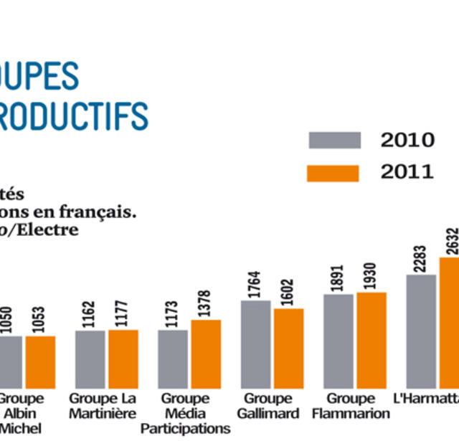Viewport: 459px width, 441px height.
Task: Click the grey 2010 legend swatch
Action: [334, 140]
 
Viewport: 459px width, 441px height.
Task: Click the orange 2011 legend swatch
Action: [333, 173]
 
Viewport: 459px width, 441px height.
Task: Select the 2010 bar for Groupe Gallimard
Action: [255, 344]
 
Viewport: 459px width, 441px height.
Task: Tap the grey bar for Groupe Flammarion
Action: [338, 341]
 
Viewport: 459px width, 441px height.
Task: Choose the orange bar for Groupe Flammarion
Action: [371, 340]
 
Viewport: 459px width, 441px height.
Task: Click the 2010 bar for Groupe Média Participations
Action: [173, 359]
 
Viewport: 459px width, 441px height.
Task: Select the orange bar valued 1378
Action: [206, 354]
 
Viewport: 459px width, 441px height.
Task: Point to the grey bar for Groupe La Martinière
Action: [90, 359]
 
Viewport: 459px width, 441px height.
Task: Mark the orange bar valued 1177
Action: [123, 359]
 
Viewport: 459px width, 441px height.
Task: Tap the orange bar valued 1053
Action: [40, 361]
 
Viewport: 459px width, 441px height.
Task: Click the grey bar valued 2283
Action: [421, 331]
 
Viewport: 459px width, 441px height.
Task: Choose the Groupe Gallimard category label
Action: [268, 406]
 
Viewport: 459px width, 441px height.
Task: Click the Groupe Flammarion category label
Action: [351, 406]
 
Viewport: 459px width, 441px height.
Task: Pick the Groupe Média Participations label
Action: [185, 414]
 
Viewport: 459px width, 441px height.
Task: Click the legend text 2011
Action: [407, 172]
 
